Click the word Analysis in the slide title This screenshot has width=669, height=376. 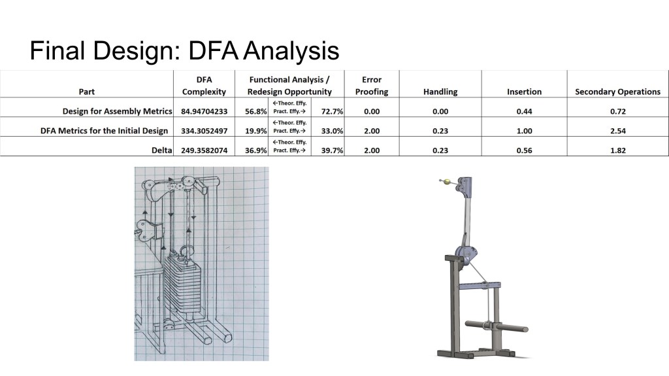[292, 51]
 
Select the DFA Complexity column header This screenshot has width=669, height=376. [204, 86]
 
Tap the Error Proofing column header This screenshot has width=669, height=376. [372, 86]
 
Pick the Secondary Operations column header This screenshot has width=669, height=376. [617, 92]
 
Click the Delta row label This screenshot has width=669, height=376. [162, 150]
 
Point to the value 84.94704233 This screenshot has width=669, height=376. [204, 112]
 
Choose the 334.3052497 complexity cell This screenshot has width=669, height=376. [204, 131]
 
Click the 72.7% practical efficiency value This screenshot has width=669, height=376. [332, 112]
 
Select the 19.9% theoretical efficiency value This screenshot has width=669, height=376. [256, 131]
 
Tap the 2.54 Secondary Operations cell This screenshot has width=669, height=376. [618, 131]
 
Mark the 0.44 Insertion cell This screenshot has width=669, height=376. [524, 112]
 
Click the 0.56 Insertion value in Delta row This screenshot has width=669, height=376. [524, 150]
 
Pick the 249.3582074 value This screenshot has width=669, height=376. [204, 150]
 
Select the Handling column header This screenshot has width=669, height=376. [440, 92]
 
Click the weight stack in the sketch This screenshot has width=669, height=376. [183, 284]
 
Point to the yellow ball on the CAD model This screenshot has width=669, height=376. [447, 182]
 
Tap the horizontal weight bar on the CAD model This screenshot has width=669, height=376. [497, 327]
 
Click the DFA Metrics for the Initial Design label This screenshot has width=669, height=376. [104, 131]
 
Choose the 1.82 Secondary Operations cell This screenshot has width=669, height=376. [618, 150]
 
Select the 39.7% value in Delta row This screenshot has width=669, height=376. [332, 150]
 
